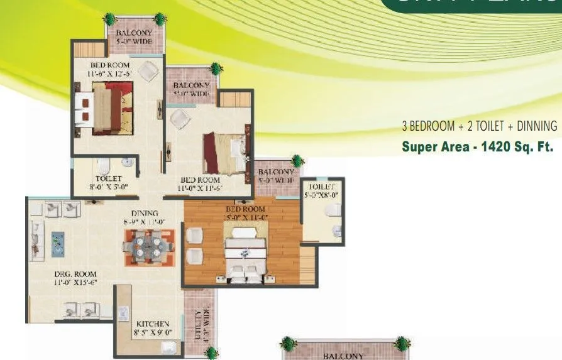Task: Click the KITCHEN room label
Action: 153,327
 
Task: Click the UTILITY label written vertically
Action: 199,324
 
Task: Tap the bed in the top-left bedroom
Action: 104,109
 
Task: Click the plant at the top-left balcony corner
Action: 109,18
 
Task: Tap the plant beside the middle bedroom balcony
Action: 216,68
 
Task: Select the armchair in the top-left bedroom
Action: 148,72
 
